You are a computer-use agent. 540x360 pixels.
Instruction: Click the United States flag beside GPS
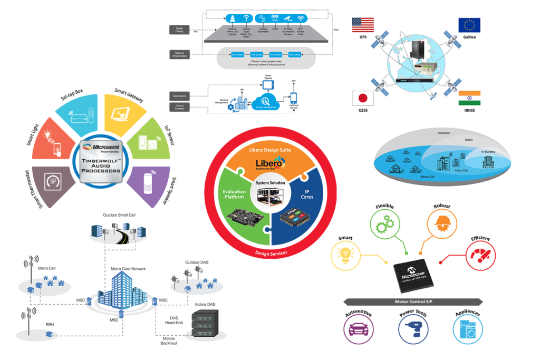tap(363, 25)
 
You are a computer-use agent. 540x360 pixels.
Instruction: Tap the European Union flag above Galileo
tap(469, 25)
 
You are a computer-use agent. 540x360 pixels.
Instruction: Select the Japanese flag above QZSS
tap(363, 99)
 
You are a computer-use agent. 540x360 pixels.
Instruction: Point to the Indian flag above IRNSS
tap(469, 98)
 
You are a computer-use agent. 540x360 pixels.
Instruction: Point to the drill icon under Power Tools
tap(413, 330)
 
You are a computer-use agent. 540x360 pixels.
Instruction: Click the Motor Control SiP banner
tap(413, 302)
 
